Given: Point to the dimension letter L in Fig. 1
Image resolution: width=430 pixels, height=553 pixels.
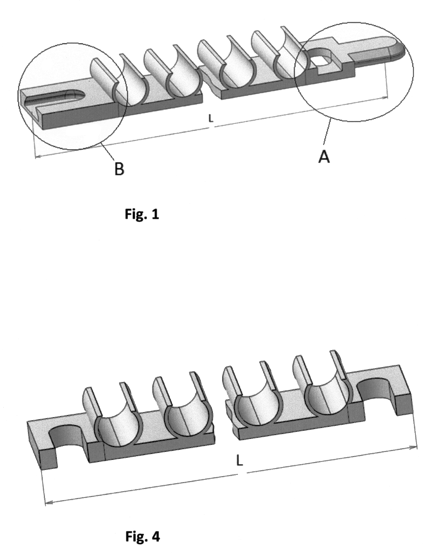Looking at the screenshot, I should pyautogui.click(x=211, y=119).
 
